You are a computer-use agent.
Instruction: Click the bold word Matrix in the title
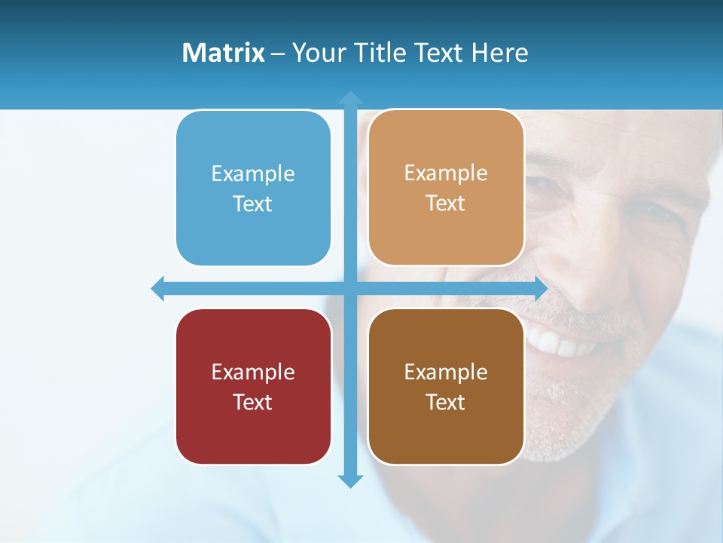[223, 53]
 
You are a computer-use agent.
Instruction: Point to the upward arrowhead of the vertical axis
[350, 98]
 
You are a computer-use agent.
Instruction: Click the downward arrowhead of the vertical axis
[350, 480]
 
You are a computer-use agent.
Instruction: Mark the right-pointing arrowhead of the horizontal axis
[541, 289]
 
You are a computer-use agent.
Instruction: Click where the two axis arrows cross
[350, 289]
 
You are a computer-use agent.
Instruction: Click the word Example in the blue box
[253, 174]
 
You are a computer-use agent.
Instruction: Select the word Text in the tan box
[446, 204]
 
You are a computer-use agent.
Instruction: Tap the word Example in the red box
[253, 373]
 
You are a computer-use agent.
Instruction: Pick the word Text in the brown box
[446, 402]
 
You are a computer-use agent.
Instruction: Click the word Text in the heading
[441, 53]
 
